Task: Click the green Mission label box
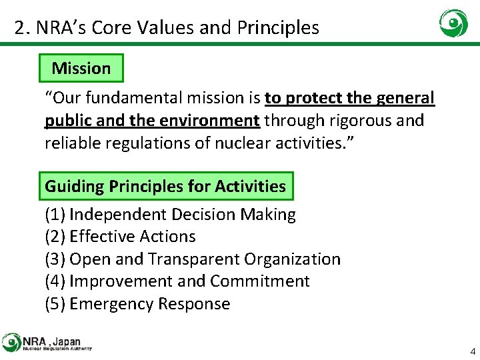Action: [x=81, y=68]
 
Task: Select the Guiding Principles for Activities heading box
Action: [x=165, y=186]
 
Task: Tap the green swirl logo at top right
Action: [x=453, y=24]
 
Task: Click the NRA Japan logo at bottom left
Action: [x=47, y=343]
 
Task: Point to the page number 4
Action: [x=473, y=351]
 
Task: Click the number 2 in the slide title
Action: [x=20, y=28]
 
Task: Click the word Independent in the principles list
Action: [x=118, y=215]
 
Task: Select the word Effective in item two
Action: [x=100, y=237]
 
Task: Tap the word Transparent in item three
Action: [x=193, y=259]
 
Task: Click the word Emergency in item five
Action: [x=111, y=304]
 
